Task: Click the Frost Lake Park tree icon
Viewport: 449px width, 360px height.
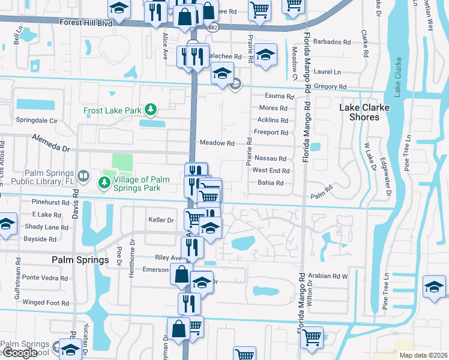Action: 152,109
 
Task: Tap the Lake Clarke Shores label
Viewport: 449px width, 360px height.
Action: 364,112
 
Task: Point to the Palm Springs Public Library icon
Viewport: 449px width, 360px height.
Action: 85,177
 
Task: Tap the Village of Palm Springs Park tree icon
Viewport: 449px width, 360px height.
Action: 106,179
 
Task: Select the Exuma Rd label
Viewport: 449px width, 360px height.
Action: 280,96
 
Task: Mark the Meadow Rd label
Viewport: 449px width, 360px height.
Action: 217,143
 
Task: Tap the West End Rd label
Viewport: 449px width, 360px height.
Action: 271,170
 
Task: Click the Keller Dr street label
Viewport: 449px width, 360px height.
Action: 161,220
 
